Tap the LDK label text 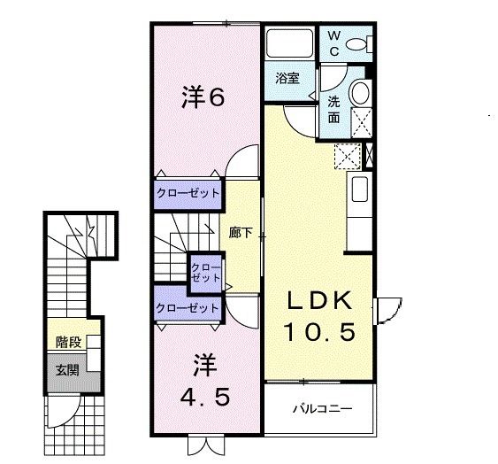(318, 300)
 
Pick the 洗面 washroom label (334, 108)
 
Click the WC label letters (335, 42)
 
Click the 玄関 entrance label (67, 369)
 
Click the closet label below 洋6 (188, 192)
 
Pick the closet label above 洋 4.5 (188, 308)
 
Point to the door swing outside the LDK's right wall (387, 309)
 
